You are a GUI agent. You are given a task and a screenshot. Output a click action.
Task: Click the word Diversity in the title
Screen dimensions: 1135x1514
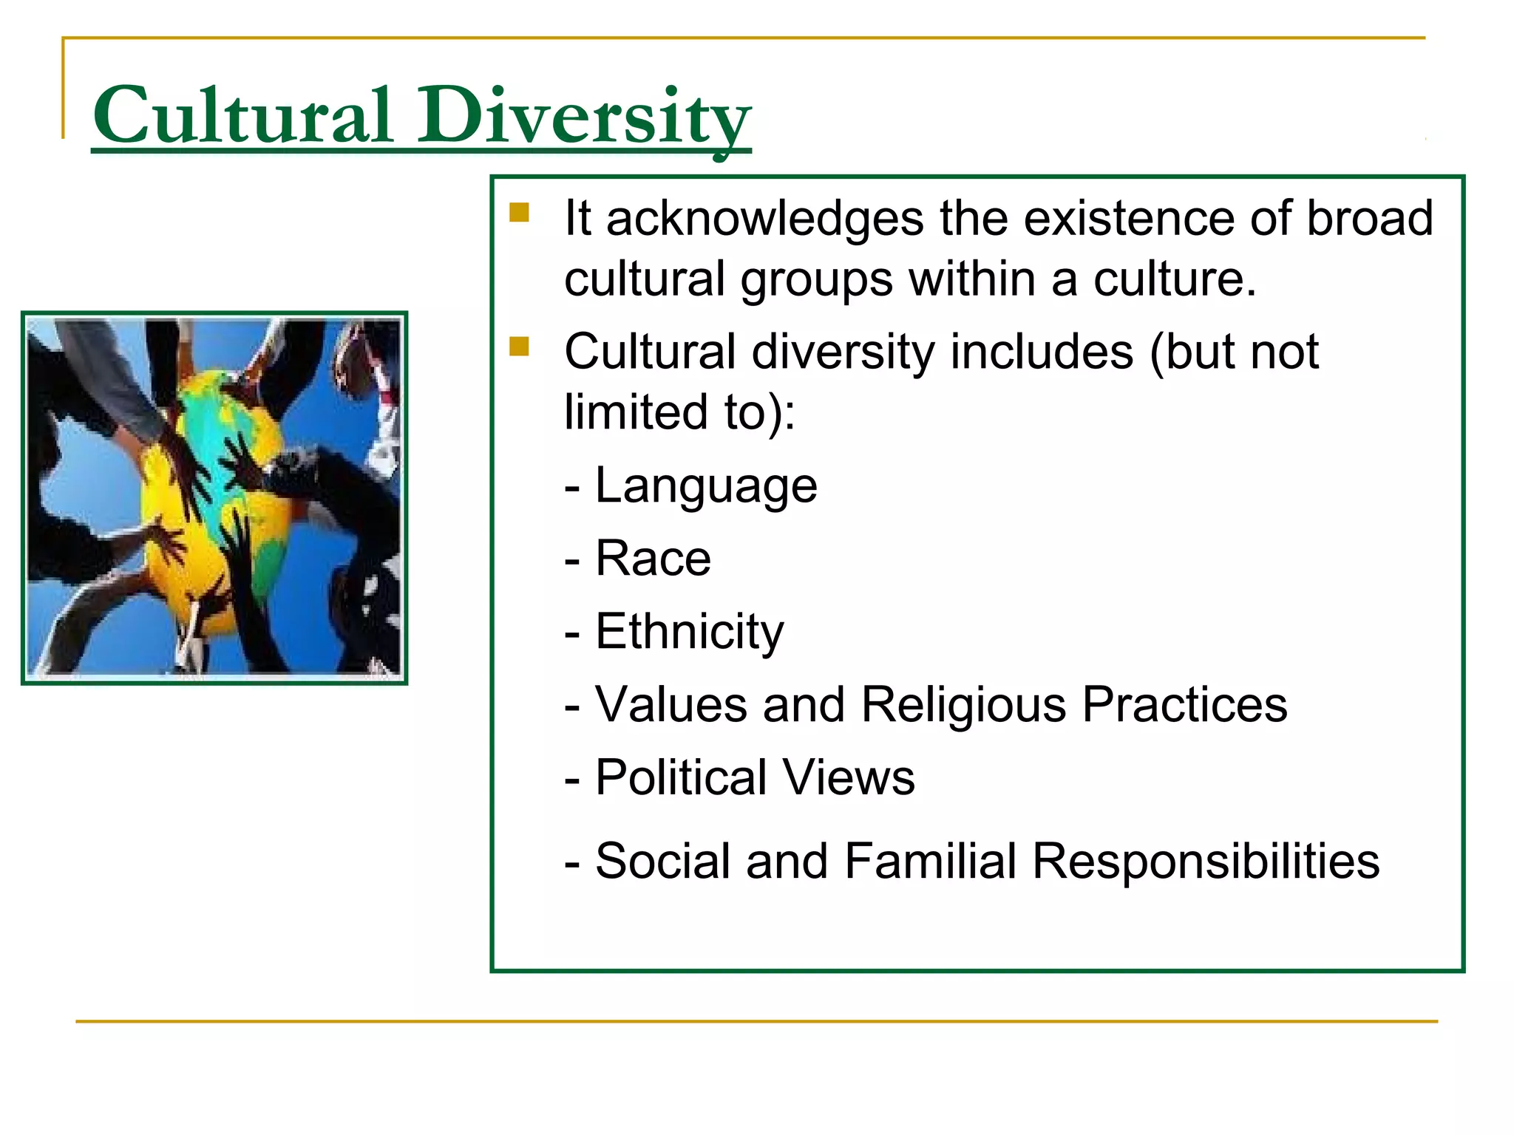584,116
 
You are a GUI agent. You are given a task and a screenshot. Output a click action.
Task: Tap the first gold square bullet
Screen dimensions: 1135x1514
519,213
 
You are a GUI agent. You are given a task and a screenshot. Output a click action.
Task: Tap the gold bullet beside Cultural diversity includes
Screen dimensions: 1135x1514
519,346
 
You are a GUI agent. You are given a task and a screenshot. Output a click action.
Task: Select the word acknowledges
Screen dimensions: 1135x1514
764,219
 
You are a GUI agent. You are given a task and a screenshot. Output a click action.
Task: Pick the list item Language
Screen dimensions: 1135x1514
706,486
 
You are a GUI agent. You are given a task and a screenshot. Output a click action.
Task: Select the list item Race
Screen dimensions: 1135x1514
653,559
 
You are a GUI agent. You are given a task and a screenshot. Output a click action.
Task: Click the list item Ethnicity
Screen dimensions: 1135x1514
689,632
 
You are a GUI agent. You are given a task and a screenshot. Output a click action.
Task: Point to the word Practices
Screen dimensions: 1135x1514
1184,705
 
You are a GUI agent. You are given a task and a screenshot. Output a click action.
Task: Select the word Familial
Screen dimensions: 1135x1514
930,862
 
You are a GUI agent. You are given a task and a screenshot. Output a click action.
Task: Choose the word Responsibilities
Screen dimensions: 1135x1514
1205,862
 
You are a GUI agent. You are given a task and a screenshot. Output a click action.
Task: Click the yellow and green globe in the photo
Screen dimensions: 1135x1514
211,502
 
